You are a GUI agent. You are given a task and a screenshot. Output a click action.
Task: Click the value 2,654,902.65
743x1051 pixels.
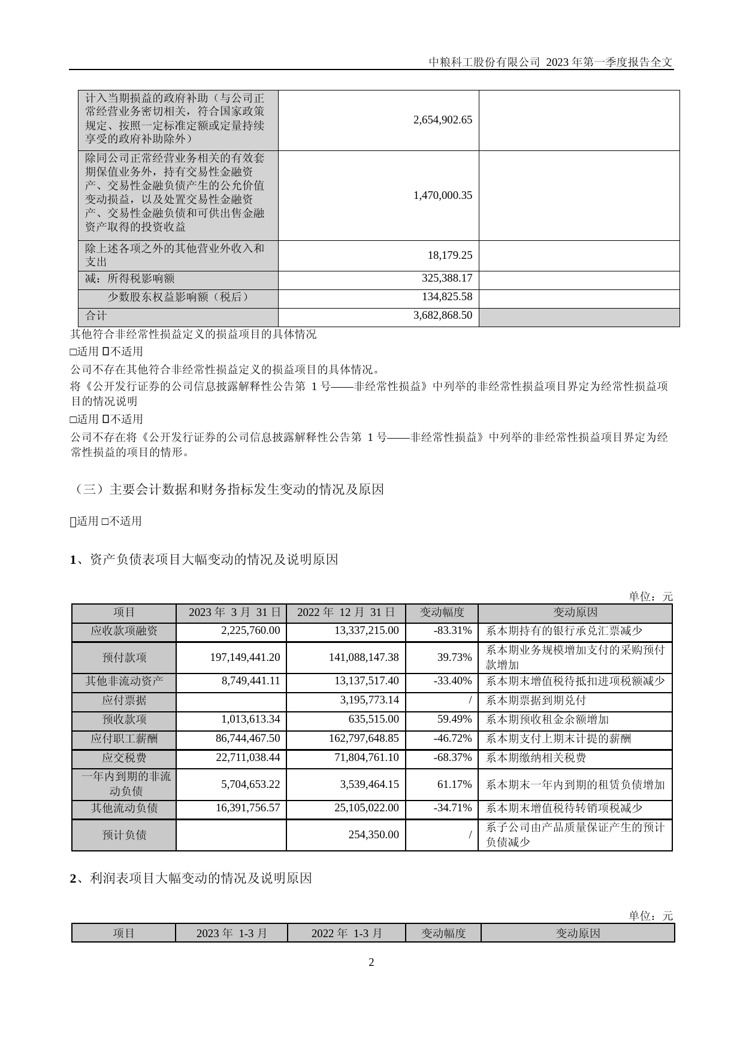click(x=442, y=120)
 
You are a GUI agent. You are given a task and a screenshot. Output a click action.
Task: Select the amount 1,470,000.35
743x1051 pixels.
click(x=442, y=195)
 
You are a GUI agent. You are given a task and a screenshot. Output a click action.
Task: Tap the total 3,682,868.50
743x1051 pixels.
click(x=442, y=315)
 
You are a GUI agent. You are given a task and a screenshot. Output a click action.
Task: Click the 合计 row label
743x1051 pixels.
click(x=96, y=315)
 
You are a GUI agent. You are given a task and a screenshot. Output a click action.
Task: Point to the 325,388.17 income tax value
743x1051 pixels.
click(x=446, y=279)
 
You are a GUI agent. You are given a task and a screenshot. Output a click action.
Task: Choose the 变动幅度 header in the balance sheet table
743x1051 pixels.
click(x=442, y=612)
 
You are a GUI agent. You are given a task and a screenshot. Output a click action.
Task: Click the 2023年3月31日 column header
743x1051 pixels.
click(x=231, y=612)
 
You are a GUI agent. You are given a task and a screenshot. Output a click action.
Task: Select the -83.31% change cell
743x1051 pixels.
click(x=452, y=630)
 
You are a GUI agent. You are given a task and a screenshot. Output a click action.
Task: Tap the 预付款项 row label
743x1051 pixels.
click(x=124, y=657)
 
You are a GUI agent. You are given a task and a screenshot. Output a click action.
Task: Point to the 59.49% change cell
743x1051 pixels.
click(x=454, y=719)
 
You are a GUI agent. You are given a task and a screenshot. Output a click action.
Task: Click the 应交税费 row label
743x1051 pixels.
click(x=124, y=757)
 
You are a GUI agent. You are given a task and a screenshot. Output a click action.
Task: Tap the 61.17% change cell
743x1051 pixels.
click(x=454, y=784)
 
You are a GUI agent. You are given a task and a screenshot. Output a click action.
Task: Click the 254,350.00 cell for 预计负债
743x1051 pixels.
click(x=373, y=835)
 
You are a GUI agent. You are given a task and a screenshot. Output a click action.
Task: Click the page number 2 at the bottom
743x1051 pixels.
click(x=371, y=963)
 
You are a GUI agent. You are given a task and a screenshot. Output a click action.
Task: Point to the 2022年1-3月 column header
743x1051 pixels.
click(x=346, y=934)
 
